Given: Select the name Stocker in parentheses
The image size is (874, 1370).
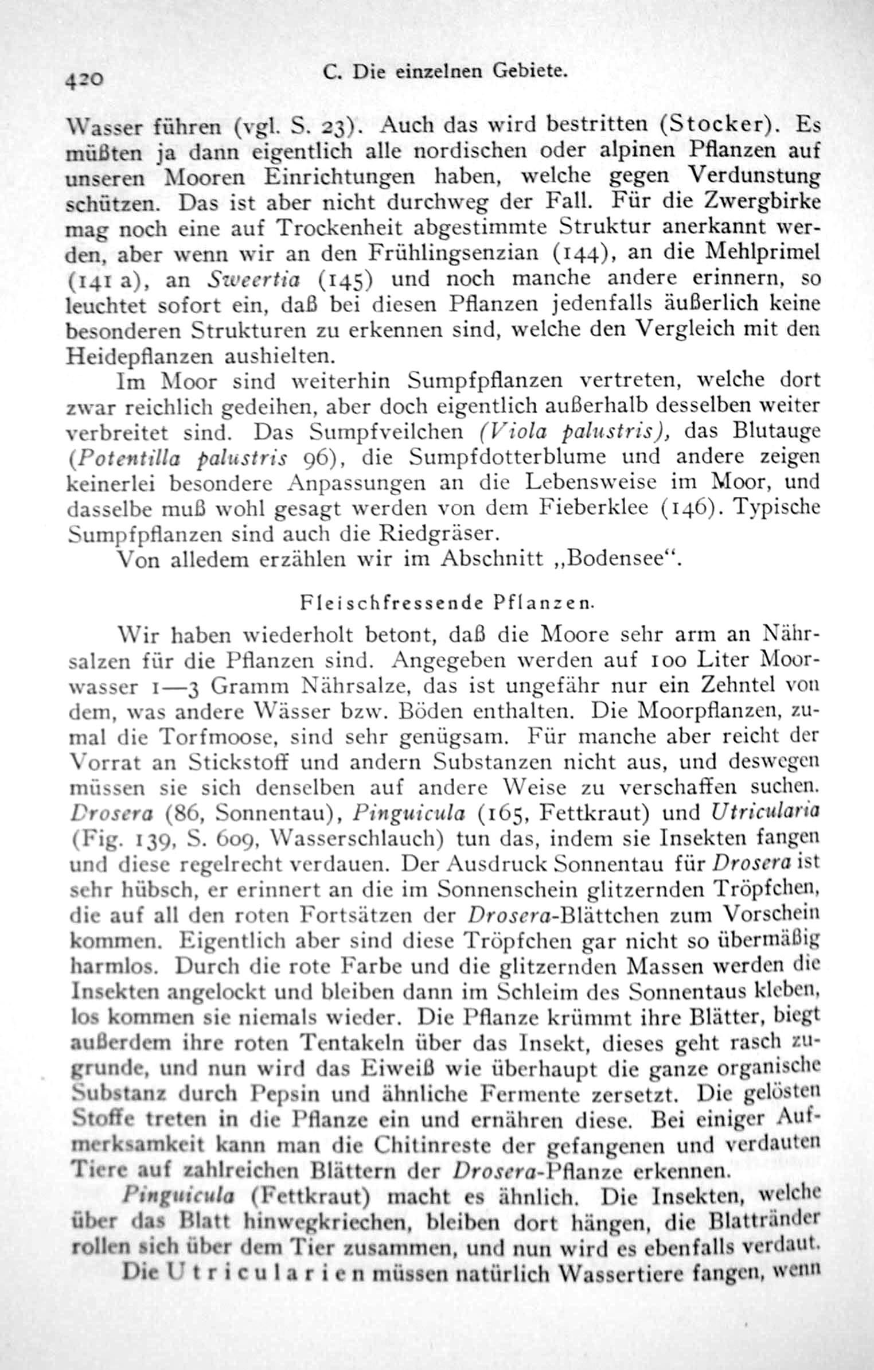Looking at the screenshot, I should click(x=721, y=124).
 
